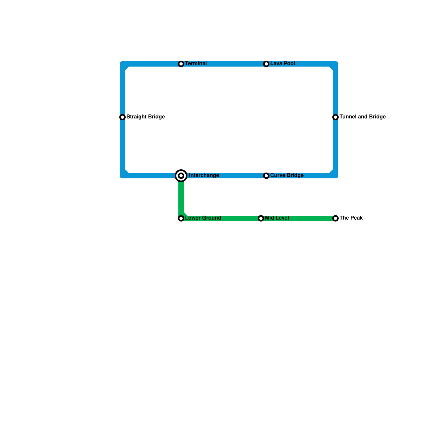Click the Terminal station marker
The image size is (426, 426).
point(181,64)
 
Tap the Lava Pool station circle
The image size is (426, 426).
point(266,64)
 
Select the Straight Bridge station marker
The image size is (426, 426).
point(122,117)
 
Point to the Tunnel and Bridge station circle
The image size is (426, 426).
point(335,117)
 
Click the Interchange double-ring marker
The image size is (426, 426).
point(181,176)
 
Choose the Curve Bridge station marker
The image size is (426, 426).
point(266,176)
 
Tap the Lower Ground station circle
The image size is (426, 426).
point(181,218)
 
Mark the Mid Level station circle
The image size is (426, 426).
point(261,218)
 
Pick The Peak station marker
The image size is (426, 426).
point(335,218)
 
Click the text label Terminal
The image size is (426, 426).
point(196,64)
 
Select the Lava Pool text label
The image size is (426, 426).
point(282,64)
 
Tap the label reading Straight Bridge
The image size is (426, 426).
point(145,117)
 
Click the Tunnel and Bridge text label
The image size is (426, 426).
point(362,117)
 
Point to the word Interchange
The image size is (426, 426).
point(204,175)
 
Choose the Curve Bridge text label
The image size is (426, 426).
point(287,175)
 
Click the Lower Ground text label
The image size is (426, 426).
point(203,218)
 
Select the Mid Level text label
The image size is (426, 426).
point(277,218)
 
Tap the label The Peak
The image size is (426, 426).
point(351,218)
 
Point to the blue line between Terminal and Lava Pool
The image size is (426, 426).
point(224,64)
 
